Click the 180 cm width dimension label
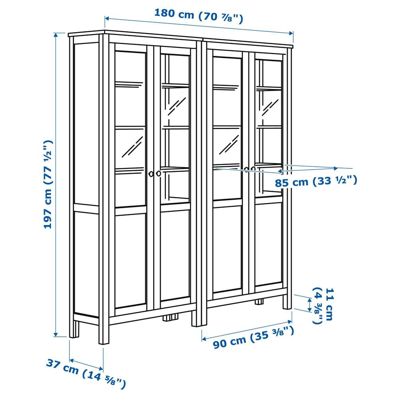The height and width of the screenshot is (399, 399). pyautogui.click(x=198, y=16)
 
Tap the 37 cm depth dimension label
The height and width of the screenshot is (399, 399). pyautogui.click(x=86, y=373)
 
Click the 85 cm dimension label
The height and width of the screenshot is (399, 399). pyautogui.click(x=316, y=181)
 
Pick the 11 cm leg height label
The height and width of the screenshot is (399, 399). pyautogui.click(x=322, y=306)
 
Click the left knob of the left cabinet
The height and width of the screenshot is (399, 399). pyautogui.click(x=151, y=174)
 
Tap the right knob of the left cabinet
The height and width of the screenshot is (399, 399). pyautogui.click(x=158, y=174)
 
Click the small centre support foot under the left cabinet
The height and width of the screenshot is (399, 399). pyautogui.click(x=170, y=318)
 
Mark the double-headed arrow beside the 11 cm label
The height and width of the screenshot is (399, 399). pyautogui.click(x=310, y=305)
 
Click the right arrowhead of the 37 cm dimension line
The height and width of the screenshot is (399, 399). pyautogui.click(x=101, y=368)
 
